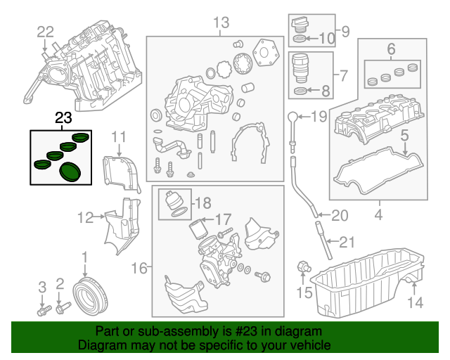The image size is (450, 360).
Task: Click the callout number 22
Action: tap(45, 31)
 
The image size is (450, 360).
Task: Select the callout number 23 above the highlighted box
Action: tap(63, 120)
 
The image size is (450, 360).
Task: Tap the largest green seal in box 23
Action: tap(70, 172)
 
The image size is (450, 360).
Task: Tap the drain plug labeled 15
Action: tap(304, 267)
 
